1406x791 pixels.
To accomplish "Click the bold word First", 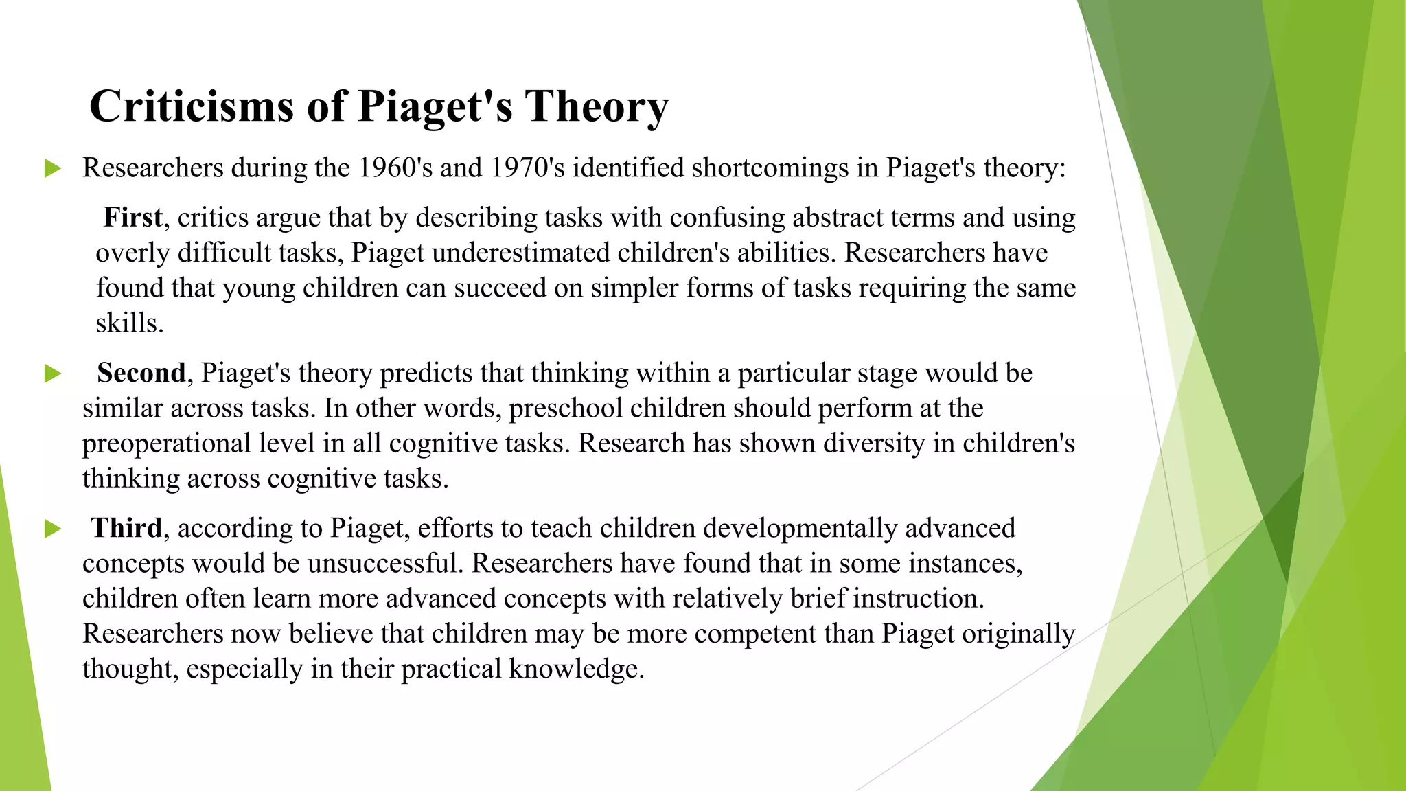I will [x=132, y=218].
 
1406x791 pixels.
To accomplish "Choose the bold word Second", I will [x=141, y=373].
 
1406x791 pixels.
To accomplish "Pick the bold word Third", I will [x=126, y=528].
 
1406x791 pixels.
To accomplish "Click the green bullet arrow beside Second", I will [x=52, y=374].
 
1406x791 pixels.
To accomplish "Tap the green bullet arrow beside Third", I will [x=52, y=529].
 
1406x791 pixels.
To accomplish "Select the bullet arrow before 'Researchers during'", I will [x=52, y=168].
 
